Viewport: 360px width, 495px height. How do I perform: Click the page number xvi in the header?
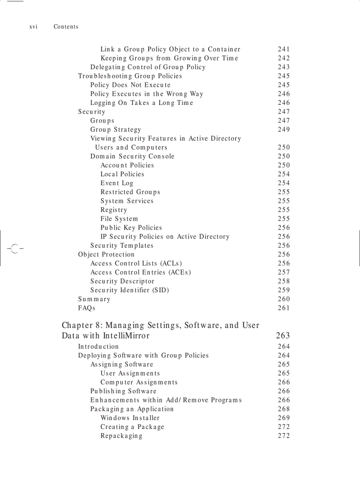coord(33,27)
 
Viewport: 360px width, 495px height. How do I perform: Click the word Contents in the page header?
coord(66,27)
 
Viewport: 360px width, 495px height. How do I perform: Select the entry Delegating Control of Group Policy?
coord(148,67)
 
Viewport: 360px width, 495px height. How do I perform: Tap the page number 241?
coord(284,49)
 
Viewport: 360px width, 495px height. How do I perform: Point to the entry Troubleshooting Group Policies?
coord(130,76)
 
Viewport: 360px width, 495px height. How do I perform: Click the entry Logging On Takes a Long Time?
coord(142,103)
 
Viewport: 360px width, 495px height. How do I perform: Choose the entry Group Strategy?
coord(116,130)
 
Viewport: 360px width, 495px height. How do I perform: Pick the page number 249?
coord(284,130)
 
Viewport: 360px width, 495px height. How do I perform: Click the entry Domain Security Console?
coord(132,156)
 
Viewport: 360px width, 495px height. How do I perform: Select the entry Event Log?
coord(116,183)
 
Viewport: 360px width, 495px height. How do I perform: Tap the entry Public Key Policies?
coord(131,227)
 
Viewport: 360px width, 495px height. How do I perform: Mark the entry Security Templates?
coord(122,246)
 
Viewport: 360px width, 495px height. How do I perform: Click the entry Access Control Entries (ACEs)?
coord(140,272)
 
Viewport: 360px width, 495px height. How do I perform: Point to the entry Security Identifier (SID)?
coord(130,290)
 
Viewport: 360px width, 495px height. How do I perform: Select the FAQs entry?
coord(86,308)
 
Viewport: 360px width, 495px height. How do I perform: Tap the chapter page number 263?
coord(283,336)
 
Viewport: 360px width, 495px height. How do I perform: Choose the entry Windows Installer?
coord(130,418)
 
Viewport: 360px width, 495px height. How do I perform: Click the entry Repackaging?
coord(121,435)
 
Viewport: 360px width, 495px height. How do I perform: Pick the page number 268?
coord(284,409)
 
